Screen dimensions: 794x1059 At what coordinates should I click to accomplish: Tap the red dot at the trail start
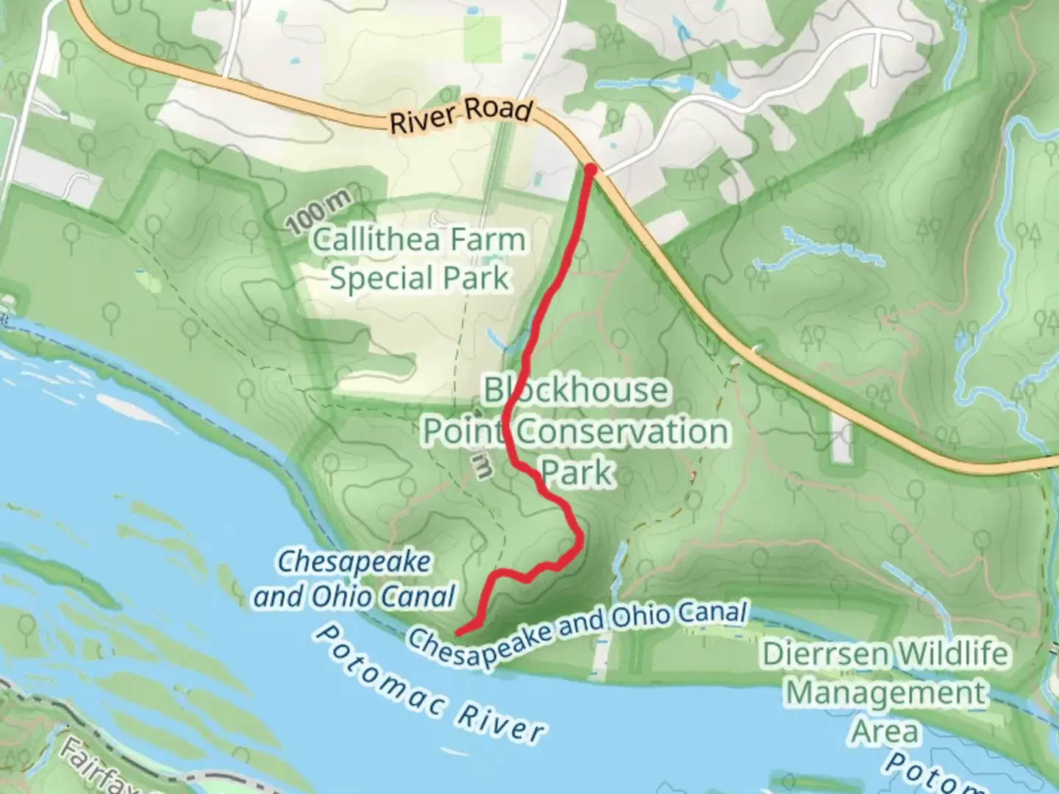[x=590, y=170]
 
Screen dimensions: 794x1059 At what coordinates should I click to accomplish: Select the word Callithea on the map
[x=376, y=240]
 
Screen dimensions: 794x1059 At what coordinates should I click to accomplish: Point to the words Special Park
[x=419, y=279]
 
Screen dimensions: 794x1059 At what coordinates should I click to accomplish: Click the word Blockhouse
[x=576, y=390]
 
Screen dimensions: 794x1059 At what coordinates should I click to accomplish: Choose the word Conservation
[x=621, y=431]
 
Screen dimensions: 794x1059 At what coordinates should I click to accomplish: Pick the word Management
[x=886, y=693]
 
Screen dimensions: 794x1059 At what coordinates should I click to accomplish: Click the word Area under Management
[x=885, y=732]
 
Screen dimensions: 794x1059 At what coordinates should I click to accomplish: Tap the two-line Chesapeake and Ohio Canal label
[x=354, y=579]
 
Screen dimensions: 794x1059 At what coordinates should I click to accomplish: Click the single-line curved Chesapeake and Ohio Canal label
[x=578, y=632]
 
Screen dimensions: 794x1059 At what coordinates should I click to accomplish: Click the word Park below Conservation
[x=577, y=472]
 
